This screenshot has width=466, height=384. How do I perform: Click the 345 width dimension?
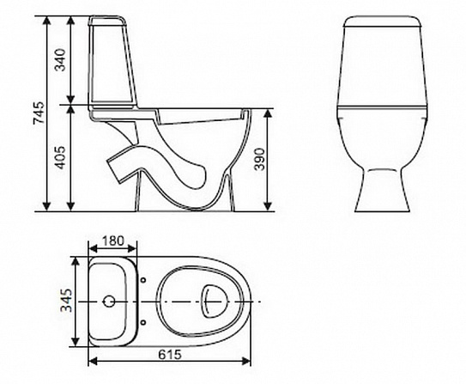(75, 300)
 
